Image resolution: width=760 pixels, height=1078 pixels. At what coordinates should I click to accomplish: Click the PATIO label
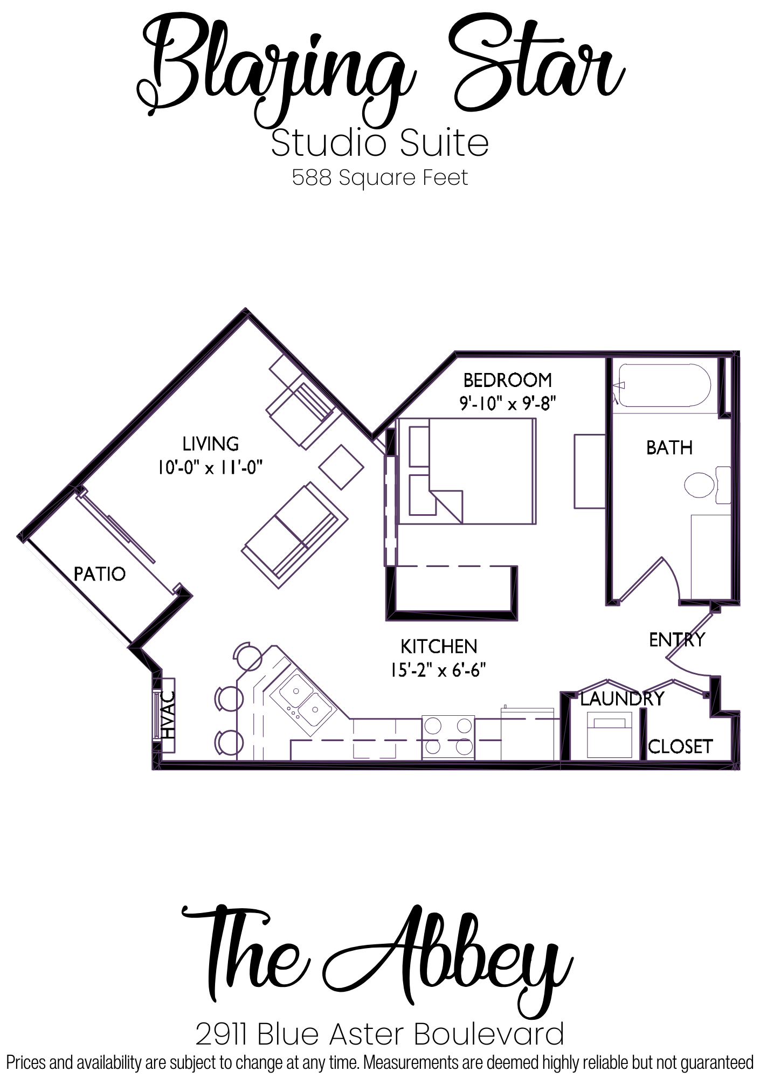[100, 574]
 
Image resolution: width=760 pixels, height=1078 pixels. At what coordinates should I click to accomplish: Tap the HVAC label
[169, 715]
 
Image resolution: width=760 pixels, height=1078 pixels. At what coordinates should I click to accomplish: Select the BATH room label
[669, 447]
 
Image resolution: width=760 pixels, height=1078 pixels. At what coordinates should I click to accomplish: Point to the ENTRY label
[677, 640]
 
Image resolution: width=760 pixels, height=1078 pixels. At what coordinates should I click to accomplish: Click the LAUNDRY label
[622, 699]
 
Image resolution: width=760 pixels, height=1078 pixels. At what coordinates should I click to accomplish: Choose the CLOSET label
[680, 747]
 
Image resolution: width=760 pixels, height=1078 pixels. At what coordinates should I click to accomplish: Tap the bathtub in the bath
[665, 386]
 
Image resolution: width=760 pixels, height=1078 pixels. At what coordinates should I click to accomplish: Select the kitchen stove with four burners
[448, 737]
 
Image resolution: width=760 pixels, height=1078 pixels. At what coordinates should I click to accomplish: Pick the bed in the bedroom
[466, 471]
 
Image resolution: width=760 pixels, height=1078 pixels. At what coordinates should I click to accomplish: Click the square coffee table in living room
[342, 467]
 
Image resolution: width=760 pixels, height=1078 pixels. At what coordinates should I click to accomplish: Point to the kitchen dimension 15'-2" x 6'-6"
[439, 670]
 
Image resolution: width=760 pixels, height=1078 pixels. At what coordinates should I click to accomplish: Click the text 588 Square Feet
[380, 177]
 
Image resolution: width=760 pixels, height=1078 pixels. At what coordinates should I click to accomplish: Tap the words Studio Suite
[380, 143]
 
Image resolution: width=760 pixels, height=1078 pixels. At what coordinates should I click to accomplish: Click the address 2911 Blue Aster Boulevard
[380, 1034]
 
